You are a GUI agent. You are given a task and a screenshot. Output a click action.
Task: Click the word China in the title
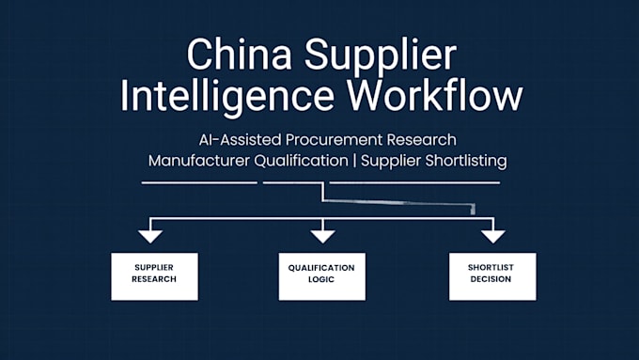point(240,55)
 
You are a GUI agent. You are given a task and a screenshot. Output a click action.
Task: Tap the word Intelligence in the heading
point(227,98)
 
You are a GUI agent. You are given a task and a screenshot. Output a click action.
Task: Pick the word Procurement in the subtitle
point(335,140)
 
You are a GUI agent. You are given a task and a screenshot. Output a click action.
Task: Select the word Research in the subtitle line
point(421,140)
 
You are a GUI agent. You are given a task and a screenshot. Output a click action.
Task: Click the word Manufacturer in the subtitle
point(199,161)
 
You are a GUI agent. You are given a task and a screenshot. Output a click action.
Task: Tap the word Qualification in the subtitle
point(301,161)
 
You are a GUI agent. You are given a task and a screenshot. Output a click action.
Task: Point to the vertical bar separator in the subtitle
point(354,161)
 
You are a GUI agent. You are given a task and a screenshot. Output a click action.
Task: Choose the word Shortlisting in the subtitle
point(465,161)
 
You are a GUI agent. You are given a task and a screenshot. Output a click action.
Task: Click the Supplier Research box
point(154,276)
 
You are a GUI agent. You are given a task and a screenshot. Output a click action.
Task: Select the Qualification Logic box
point(322,276)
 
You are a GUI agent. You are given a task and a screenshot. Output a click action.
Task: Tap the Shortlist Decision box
point(492,276)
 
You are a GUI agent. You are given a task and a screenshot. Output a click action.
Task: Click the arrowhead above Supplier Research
point(150,236)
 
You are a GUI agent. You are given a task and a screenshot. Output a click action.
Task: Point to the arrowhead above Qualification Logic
point(322,236)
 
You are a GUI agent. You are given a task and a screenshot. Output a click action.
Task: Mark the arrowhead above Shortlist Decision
point(493,236)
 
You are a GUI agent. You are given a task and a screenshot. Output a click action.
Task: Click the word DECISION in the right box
point(491,279)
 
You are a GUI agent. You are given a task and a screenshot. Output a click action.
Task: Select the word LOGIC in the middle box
point(321,280)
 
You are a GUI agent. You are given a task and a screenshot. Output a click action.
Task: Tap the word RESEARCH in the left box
point(154,279)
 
